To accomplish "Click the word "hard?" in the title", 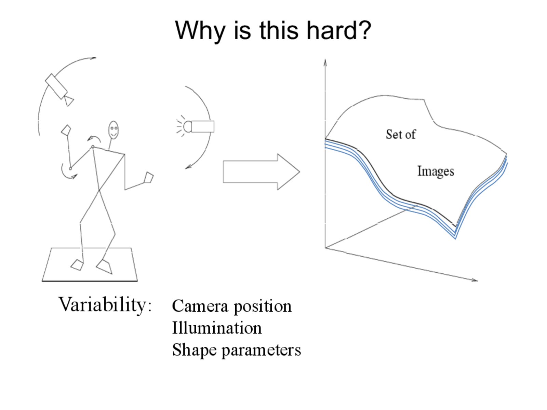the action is [339, 30].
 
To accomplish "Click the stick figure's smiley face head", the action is [114, 130].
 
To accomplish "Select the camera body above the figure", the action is [56, 86].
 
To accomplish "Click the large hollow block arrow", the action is [261, 172].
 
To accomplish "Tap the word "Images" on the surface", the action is [436, 171].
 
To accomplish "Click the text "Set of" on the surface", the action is [401, 134].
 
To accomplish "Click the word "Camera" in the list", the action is [200, 306].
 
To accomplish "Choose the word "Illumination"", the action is [217, 328].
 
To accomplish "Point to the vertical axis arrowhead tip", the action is [325, 59].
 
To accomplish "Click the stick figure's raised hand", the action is [66, 130].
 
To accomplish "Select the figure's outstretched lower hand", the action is [149, 177].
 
